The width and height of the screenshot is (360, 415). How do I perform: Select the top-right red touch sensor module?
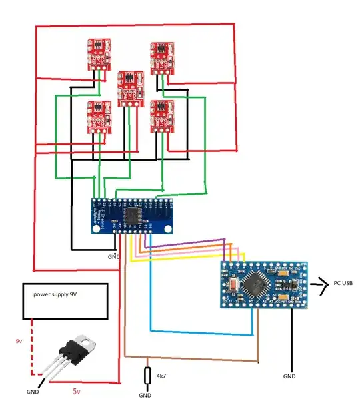click(x=162, y=58)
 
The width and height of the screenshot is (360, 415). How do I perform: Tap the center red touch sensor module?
click(x=131, y=88)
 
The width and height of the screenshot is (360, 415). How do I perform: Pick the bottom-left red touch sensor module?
click(x=99, y=116)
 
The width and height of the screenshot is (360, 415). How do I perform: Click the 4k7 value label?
click(x=161, y=376)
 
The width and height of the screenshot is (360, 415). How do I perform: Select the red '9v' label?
click(x=19, y=341)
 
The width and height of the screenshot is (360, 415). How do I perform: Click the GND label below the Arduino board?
click(x=290, y=376)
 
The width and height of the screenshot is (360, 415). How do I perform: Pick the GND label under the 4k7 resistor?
click(x=145, y=395)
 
